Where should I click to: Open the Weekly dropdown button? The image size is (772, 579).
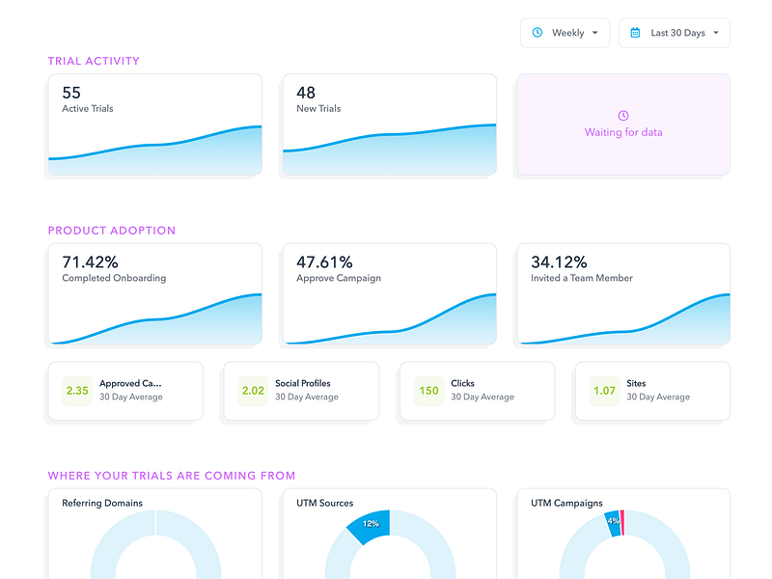[x=565, y=33]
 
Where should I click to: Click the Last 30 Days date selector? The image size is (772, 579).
[x=675, y=33]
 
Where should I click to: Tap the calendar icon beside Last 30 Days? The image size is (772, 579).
[x=635, y=33]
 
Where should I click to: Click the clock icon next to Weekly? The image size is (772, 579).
[x=538, y=33]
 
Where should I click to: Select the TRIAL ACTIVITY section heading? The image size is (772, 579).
[x=94, y=61]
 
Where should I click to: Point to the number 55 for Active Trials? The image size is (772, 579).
[x=71, y=93]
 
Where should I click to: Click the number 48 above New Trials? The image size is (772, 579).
[x=306, y=93]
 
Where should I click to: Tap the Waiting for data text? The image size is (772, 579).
[x=623, y=132]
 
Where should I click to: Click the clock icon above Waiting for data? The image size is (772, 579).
[x=623, y=116]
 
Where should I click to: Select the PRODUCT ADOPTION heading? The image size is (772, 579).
[x=112, y=231]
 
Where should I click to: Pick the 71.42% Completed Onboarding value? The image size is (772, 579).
[x=90, y=262]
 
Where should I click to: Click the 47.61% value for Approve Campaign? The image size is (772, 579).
[x=324, y=262]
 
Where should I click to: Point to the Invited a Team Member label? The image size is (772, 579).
[x=582, y=278]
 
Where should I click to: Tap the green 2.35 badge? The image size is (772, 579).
[x=77, y=391]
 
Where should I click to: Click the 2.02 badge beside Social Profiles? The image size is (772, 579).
[x=253, y=391]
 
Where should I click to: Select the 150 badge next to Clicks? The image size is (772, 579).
[x=428, y=391]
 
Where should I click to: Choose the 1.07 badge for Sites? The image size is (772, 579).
[x=605, y=391]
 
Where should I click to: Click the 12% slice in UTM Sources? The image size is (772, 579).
[x=372, y=526]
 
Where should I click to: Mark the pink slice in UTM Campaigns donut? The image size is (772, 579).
[x=622, y=523]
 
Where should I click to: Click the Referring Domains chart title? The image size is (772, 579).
[x=102, y=503]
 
